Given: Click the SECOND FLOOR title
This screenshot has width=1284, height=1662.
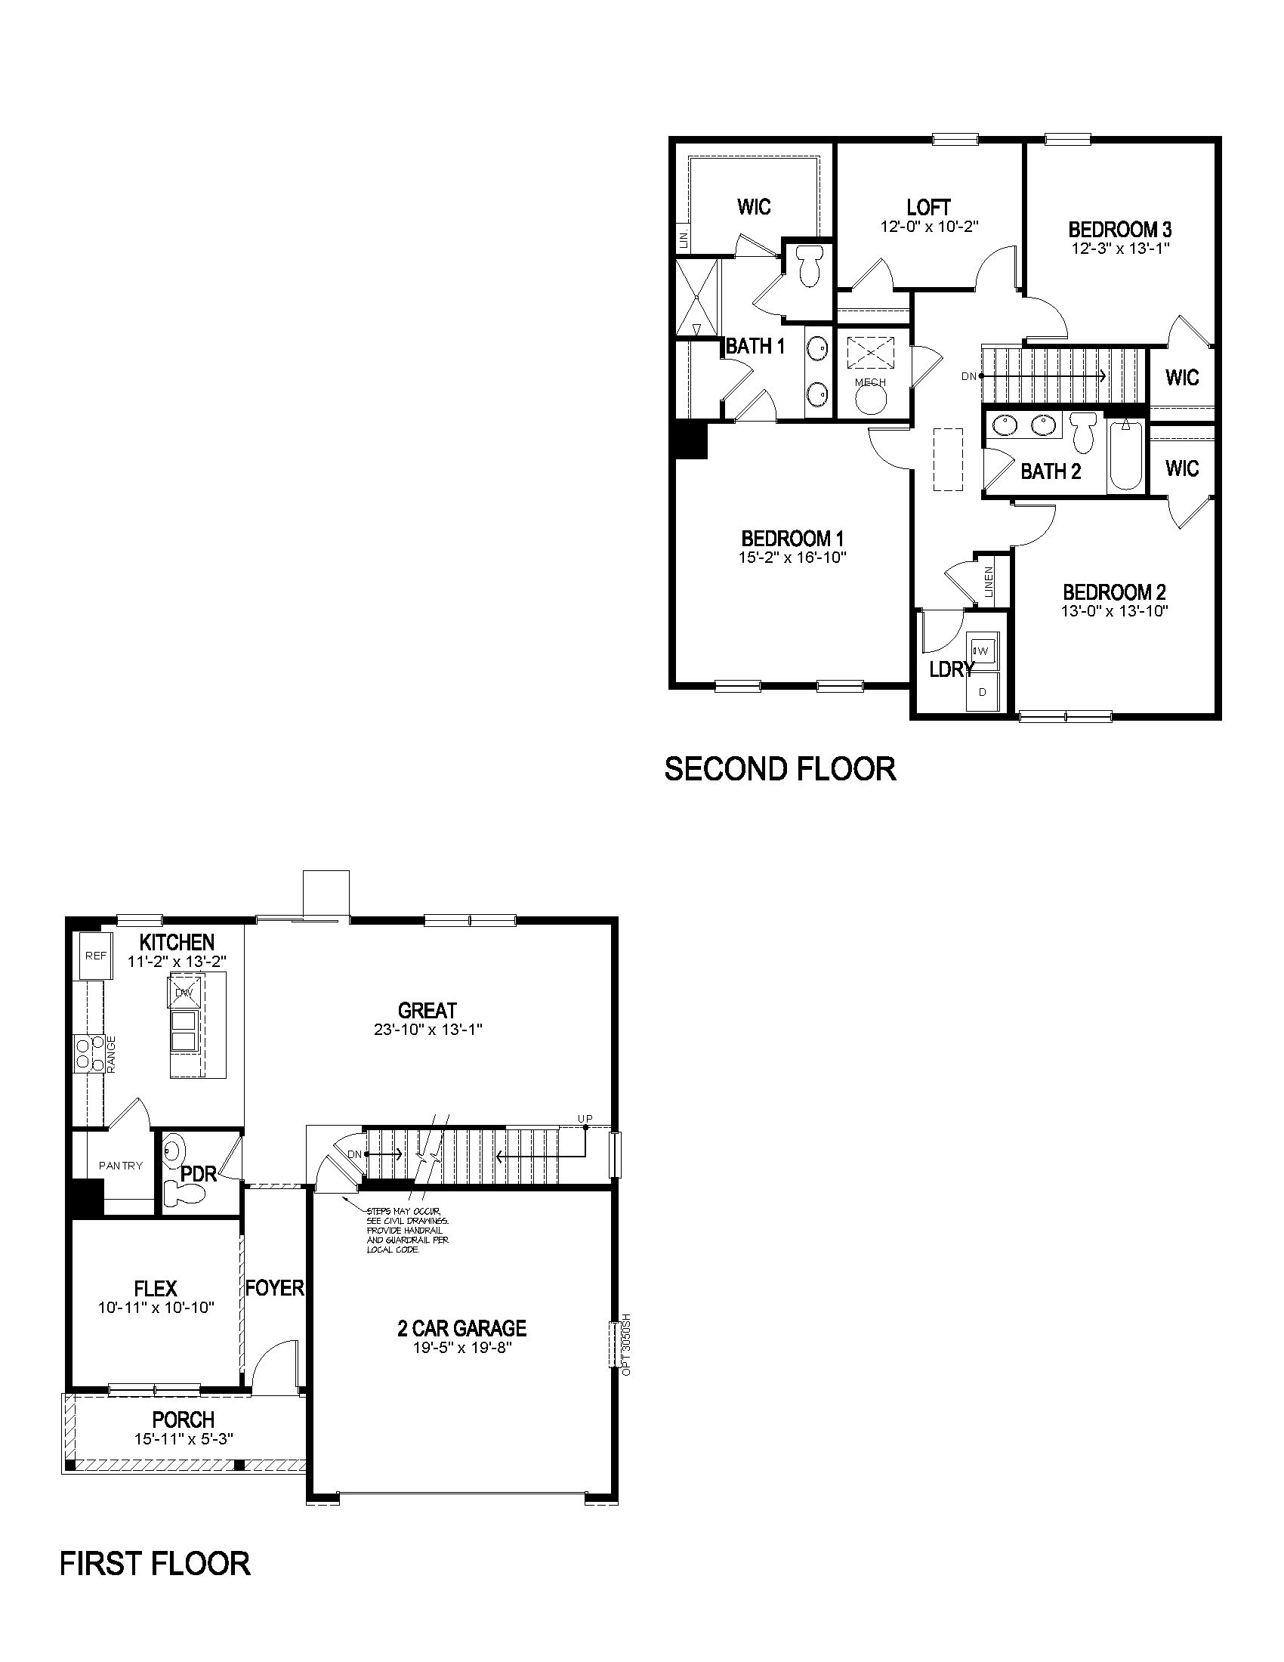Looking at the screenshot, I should click(779, 768).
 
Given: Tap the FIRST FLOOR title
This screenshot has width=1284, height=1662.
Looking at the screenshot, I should click(154, 1563).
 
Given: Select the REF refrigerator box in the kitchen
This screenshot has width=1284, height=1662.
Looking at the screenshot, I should click(96, 956).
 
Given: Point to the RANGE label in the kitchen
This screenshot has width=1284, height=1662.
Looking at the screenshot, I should click(111, 1055).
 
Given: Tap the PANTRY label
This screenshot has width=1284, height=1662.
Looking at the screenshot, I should click(120, 1165).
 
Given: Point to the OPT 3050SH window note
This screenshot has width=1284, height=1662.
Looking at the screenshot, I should click(627, 1343).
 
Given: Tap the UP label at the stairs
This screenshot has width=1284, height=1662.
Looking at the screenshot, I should click(584, 1118).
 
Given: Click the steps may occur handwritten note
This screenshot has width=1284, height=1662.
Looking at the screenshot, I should click(407, 1230).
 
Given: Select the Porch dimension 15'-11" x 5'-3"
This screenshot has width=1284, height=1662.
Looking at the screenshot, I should click(183, 1439).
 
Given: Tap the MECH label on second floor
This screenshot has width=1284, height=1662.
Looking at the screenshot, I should click(870, 382).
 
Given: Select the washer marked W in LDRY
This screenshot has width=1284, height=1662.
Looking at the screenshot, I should click(982, 650).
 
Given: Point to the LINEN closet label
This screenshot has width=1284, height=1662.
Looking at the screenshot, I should click(989, 582).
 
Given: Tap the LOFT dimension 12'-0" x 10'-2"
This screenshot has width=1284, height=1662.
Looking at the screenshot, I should click(928, 226).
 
